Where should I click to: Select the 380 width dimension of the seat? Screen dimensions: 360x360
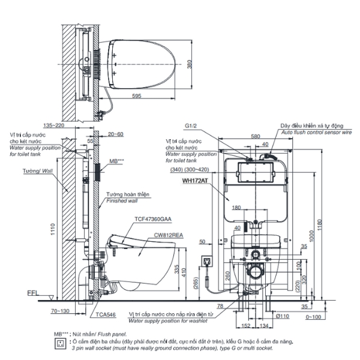(x=189, y=65)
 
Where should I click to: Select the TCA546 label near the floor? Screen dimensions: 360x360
(x=105, y=314)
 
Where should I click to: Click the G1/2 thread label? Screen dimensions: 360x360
(x=191, y=127)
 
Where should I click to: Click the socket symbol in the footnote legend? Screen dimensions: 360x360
(x=59, y=343)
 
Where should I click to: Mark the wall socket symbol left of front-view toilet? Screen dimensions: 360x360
(x=207, y=261)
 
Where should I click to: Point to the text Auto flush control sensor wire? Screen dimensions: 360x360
(x=311, y=133)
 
